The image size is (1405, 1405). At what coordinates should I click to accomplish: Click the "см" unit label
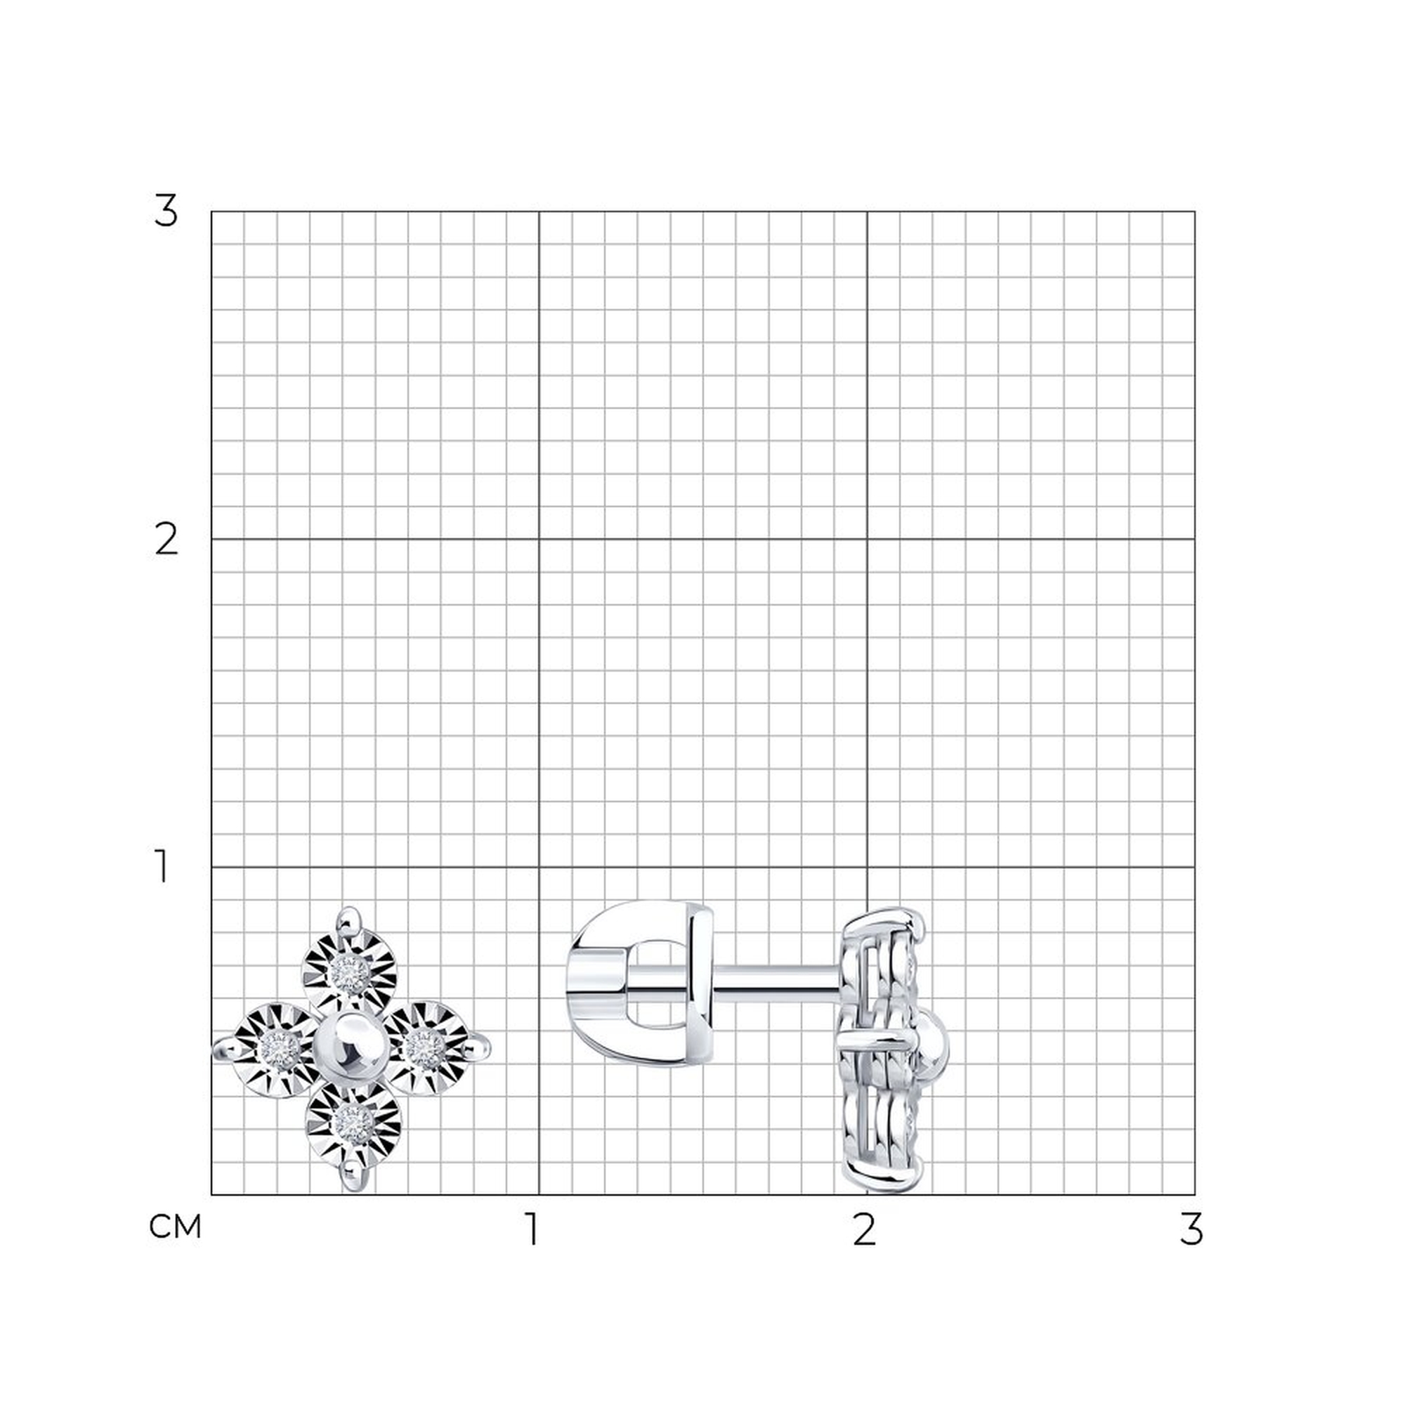tap(174, 1227)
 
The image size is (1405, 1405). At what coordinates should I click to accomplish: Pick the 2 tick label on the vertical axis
tap(166, 539)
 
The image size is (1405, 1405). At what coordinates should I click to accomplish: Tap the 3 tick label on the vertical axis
tap(166, 211)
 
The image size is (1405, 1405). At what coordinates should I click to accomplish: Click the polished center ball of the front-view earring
tap(348, 1047)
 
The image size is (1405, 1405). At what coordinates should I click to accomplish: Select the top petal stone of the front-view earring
tap(350, 973)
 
